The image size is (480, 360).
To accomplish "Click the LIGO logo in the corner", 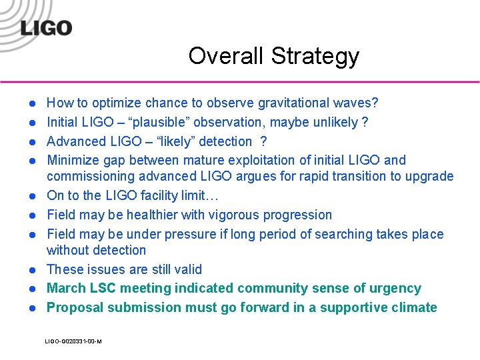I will pyautogui.click(x=45, y=28).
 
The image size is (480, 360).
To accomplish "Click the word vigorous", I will pyautogui.click(x=229, y=215).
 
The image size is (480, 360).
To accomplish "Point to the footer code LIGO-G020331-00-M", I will pyautogui.click(x=73, y=341).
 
